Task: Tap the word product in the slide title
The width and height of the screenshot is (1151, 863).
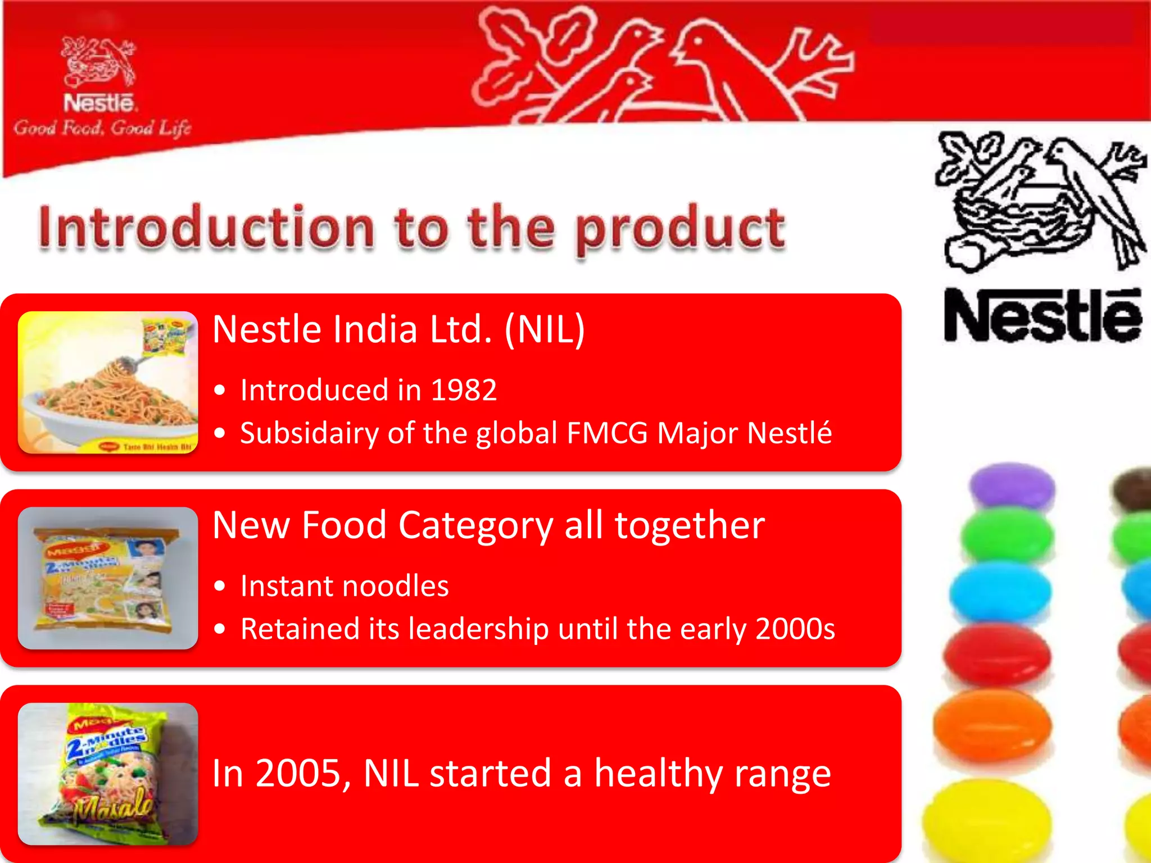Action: point(680,229)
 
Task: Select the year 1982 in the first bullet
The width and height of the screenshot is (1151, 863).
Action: point(464,390)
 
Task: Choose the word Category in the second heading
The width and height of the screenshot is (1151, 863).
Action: point(475,525)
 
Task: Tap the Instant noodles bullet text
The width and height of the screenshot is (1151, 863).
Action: point(345,586)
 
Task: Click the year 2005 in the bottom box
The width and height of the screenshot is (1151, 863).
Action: point(298,774)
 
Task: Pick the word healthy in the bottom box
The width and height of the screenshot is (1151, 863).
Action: point(658,774)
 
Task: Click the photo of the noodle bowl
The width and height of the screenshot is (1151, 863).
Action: point(108,382)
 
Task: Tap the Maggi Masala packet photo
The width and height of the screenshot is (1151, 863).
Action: point(108,774)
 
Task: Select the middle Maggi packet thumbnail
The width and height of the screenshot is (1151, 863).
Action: point(108,578)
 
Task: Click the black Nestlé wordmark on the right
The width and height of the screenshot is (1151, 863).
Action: point(1043,316)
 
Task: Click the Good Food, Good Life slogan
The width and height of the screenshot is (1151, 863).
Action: point(102,129)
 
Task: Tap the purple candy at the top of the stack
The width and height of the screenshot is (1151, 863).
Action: point(1012,484)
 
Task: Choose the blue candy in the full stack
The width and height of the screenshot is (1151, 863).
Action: point(1000,591)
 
